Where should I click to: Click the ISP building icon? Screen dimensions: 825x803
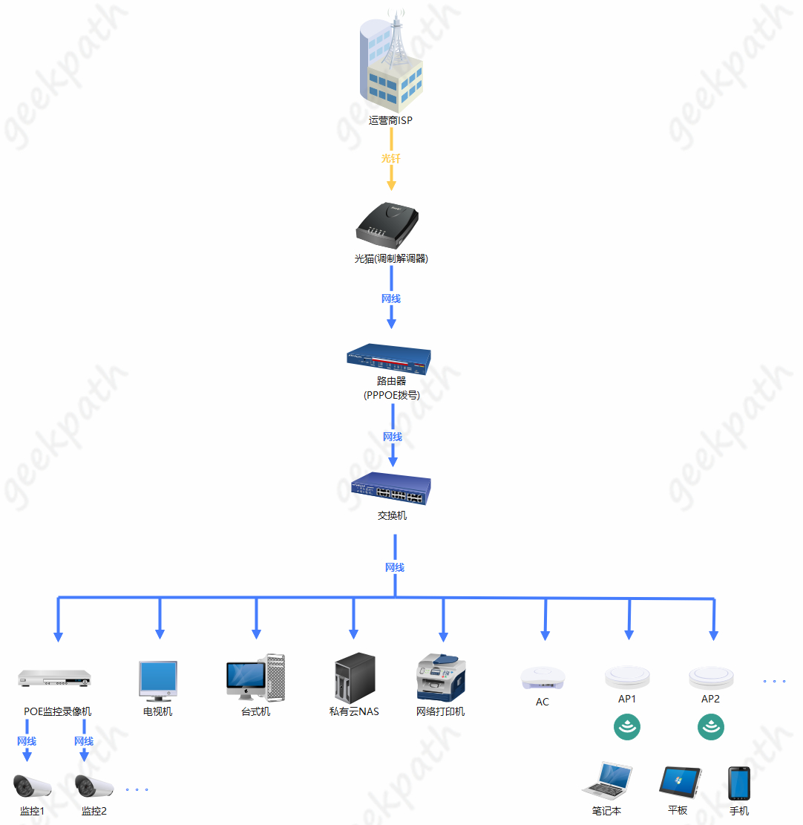coord(391,63)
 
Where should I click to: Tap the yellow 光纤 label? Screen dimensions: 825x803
coord(390,159)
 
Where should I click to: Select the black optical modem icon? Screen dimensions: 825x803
coord(387,226)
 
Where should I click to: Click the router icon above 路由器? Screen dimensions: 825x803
coord(389,359)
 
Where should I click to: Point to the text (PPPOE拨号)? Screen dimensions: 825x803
coord(391,396)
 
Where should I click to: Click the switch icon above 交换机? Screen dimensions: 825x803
coord(390,489)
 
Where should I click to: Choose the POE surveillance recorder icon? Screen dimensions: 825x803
coord(54,678)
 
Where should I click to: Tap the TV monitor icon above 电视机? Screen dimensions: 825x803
coord(158,681)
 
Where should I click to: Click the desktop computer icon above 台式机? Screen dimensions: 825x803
coord(255,676)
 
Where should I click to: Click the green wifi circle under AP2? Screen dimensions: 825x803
coord(710,727)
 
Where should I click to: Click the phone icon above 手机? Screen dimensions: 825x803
coord(738,783)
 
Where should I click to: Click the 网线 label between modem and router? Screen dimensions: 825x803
coord(391,299)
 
